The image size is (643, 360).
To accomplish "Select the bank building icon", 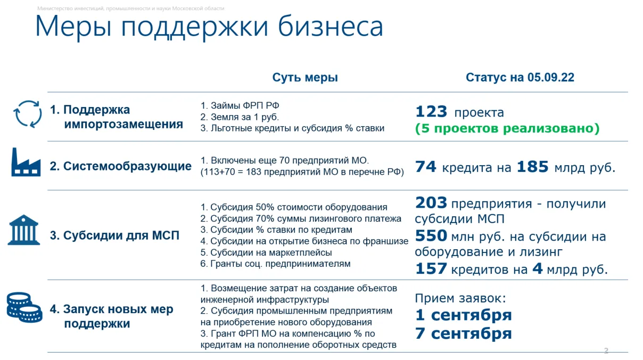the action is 23,230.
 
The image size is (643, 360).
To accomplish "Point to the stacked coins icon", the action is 24,307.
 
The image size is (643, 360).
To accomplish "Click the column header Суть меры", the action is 305,77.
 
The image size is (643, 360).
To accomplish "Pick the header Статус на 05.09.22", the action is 520,77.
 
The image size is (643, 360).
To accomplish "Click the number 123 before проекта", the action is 431,111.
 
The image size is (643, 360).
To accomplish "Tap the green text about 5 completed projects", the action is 507,128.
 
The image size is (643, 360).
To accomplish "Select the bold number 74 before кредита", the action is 426,167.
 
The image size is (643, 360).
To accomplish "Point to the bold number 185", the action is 533,167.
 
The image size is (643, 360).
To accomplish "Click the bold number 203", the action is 431,203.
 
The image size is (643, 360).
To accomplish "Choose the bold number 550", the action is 431,236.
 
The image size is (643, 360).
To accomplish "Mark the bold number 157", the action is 431,269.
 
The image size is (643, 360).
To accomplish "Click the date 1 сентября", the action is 464,315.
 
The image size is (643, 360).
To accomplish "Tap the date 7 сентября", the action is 464,333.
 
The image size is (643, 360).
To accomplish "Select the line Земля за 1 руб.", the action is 240,117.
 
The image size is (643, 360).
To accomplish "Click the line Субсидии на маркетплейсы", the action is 266,252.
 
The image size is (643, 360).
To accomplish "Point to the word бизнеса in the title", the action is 331,27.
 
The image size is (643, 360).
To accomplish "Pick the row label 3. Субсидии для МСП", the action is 114,235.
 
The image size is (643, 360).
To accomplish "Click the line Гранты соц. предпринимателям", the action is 276,264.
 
